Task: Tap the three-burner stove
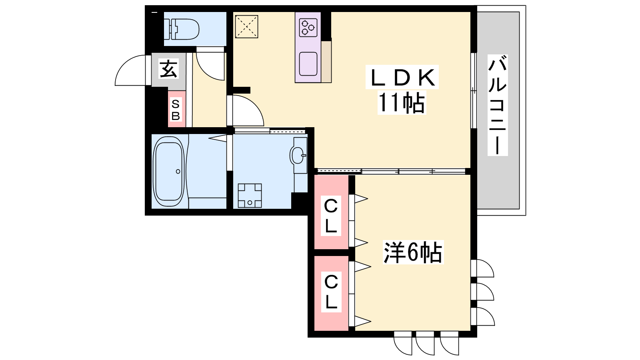coord(308,28)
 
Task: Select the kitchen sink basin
coord(308,64)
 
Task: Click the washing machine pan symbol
coord(250,196)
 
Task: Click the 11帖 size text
coord(402,103)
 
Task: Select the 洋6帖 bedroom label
coord(413,252)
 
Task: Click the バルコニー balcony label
coord(498,105)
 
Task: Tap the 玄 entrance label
coord(168,68)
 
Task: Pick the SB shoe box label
coord(176,110)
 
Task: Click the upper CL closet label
coord(331,216)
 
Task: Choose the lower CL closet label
coord(331,292)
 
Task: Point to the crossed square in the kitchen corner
coord(246,26)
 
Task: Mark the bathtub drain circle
coord(178,172)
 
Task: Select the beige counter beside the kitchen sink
coord(326,62)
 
